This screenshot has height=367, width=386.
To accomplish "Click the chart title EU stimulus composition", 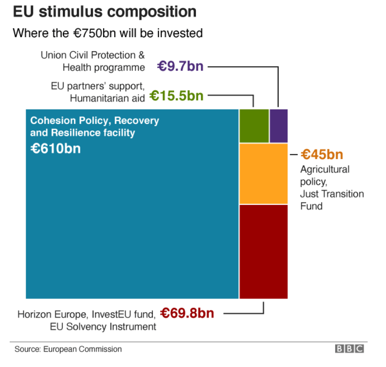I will click(x=104, y=12).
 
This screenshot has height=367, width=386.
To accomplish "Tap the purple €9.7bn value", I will click(x=180, y=66).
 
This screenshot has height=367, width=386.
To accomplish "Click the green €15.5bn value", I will click(x=176, y=96).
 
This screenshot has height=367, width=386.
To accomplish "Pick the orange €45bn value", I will click(x=322, y=155).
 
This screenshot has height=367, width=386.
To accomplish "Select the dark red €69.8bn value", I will click(x=187, y=313).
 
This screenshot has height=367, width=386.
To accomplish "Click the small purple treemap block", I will click(x=279, y=126).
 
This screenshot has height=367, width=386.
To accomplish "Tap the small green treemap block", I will click(x=254, y=126).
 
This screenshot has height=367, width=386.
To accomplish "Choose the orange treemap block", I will click(x=264, y=174).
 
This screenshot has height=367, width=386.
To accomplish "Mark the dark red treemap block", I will click(x=264, y=251).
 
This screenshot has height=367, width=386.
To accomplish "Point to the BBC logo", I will click(x=349, y=349).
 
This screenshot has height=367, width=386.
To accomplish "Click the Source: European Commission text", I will click(x=68, y=349).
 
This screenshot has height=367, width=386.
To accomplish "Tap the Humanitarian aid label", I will click(x=107, y=99).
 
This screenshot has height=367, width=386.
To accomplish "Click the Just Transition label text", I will click(x=332, y=194).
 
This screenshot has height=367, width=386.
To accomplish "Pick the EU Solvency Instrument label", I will click(x=103, y=327).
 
